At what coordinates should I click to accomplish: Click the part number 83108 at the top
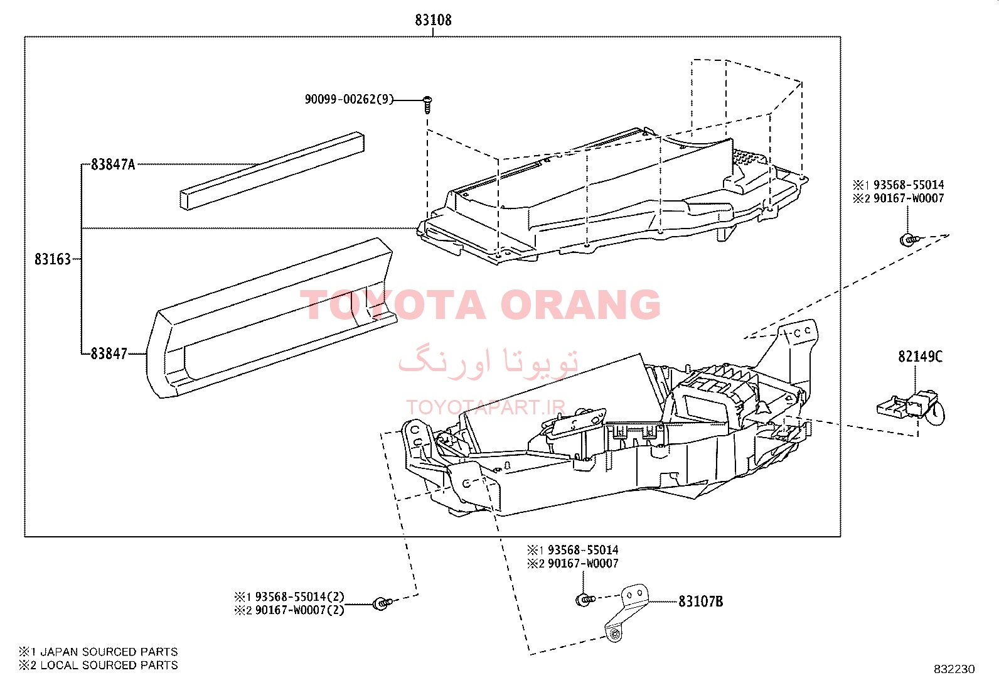[x=433, y=20]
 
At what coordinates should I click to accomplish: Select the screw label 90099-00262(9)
[x=349, y=99]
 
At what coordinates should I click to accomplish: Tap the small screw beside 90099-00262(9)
[x=427, y=102]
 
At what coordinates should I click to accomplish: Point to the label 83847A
[x=113, y=164]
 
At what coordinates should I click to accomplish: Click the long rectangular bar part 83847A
[x=272, y=170]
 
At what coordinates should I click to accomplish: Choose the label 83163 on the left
[x=53, y=259]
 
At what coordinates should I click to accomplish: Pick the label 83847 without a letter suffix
[x=109, y=354]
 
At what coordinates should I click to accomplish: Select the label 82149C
[x=920, y=357]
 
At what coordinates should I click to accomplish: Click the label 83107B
[x=700, y=601]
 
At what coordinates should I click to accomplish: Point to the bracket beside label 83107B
[x=628, y=612]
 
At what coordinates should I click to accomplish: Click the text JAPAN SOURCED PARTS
[x=109, y=652]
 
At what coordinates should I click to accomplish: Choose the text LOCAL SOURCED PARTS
[x=109, y=665]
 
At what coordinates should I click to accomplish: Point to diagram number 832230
[x=954, y=669]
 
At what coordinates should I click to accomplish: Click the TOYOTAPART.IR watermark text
[x=486, y=407]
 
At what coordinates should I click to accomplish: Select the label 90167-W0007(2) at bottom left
[x=299, y=610]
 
